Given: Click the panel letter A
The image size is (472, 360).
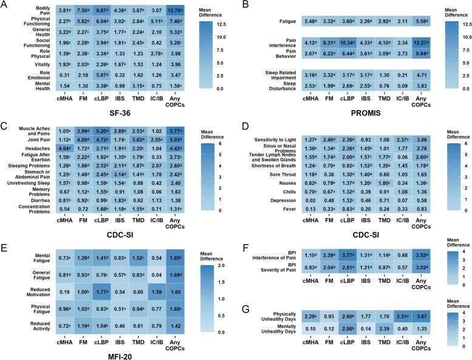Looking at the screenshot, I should click(x=5, y=5).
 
